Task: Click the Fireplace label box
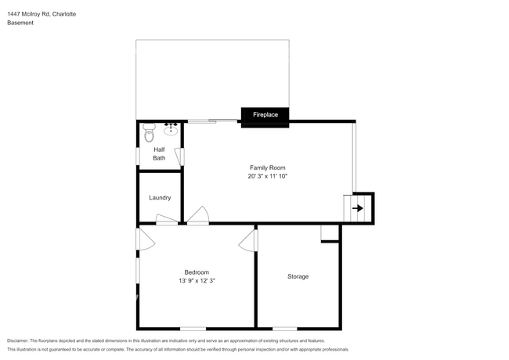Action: pyautogui.click(x=265, y=115)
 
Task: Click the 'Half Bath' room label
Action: pyautogui.click(x=159, y=154)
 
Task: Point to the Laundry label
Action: pyautogui.click(x=160, y=197)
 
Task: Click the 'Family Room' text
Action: pyautogui.click(x=267, y=167)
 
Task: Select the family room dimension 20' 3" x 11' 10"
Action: pyautogui.click(x=267, y=177)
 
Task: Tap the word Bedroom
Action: pyautogui.click(x=197, y=272)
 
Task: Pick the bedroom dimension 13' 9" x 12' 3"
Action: pyautogui.click(x=197, y=281)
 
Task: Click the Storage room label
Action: pyautogui.click(x=298, y=276)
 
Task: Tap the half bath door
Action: pyautogui.click(x=180, y=156)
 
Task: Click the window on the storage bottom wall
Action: pyautogui.click(x=285, y=328)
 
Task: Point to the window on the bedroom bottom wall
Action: pyautogui.click(x=193, y=328)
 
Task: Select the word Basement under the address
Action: pyautogui.click(x=20, y=23)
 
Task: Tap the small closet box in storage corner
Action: pyautogui.click(x=330, y=232)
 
